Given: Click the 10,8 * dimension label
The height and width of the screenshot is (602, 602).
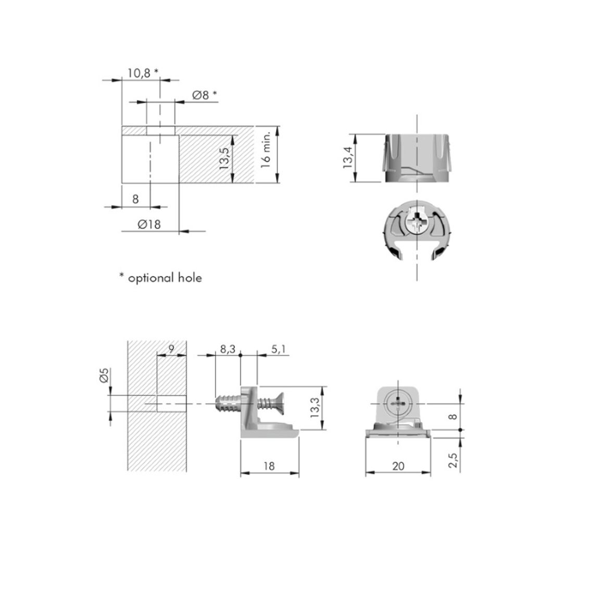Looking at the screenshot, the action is pos(143,73).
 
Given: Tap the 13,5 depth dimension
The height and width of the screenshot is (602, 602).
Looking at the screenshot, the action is pos(224,158).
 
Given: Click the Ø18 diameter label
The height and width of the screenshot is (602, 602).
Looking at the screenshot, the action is pos(149,224).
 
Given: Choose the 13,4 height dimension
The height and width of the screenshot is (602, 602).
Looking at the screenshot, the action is pos(348,157).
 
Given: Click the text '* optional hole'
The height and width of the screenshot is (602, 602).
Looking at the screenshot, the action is pos(160,278).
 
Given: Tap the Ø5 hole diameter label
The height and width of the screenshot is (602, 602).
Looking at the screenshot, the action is pos(104,375).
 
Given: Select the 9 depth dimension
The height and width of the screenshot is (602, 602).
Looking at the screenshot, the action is pos(171,348).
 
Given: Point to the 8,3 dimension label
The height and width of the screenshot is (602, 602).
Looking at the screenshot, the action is pos(228,349).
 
